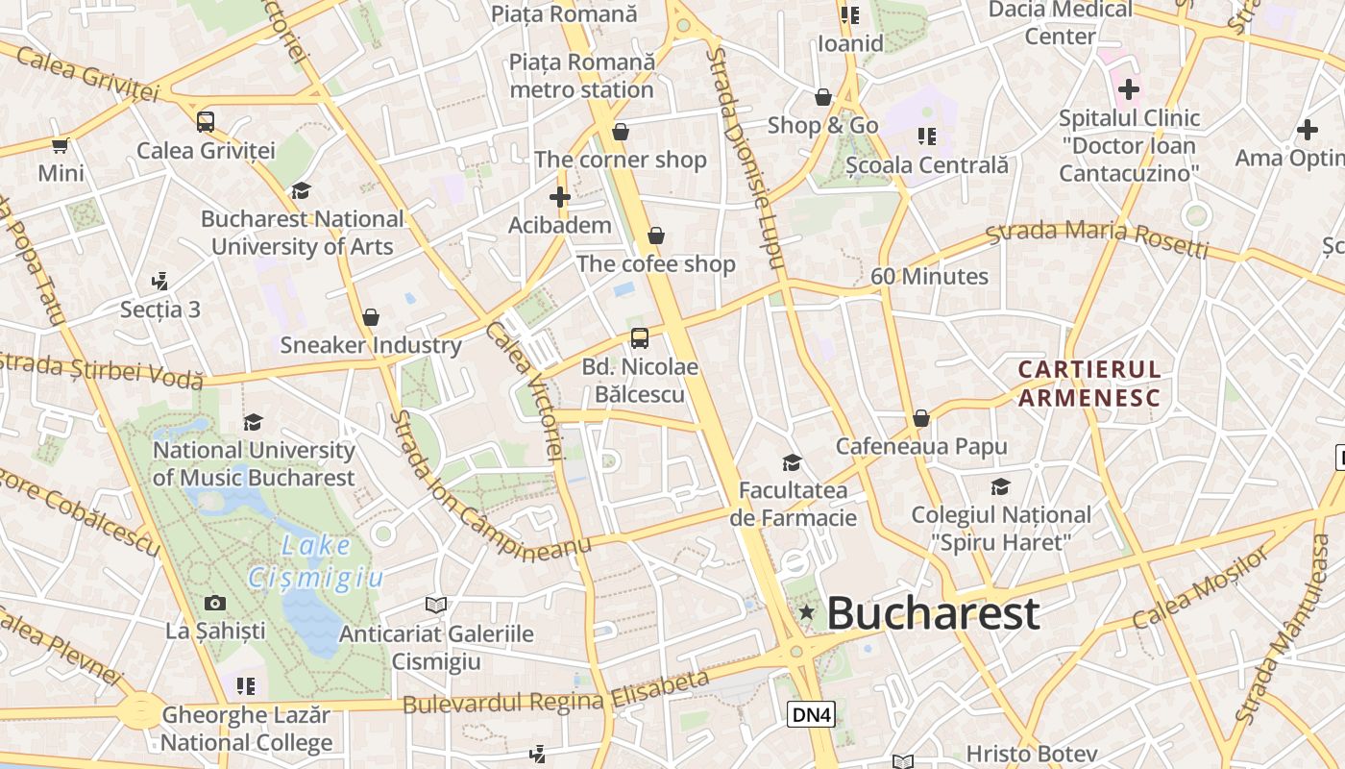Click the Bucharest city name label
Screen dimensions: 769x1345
click(x=932, y=613)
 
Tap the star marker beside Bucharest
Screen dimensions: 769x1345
click(x=807, y=612)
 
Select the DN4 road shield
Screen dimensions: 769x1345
click(x=812, y=714)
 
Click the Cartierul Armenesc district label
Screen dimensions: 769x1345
click(x=1089, y=383)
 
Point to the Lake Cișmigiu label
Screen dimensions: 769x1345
click(x=316, y=561)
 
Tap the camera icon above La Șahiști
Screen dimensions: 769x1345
click(x=215, y=603)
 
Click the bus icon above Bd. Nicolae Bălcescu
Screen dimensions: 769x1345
click(x=640, y=338)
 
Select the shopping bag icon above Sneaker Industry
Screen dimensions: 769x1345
click(x=371, y=317)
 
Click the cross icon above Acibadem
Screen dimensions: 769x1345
click(x=560, y=198)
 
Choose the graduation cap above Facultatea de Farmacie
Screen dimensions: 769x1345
click(x=792, y=463)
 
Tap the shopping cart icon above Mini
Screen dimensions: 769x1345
click(x=61, y=146)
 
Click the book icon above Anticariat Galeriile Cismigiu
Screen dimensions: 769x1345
click(x=436, y=605)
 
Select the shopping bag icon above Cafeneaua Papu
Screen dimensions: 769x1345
click(x=921, y=418)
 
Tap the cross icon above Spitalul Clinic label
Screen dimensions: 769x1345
click(x=1129, y=90)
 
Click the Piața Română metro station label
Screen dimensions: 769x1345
click(x=582, y=76)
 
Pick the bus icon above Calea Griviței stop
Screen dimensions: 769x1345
click(x=206, y=122)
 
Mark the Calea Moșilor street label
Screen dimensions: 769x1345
click(x=1201, y=588)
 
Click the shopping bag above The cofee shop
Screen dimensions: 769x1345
click(x=656, y=236)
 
